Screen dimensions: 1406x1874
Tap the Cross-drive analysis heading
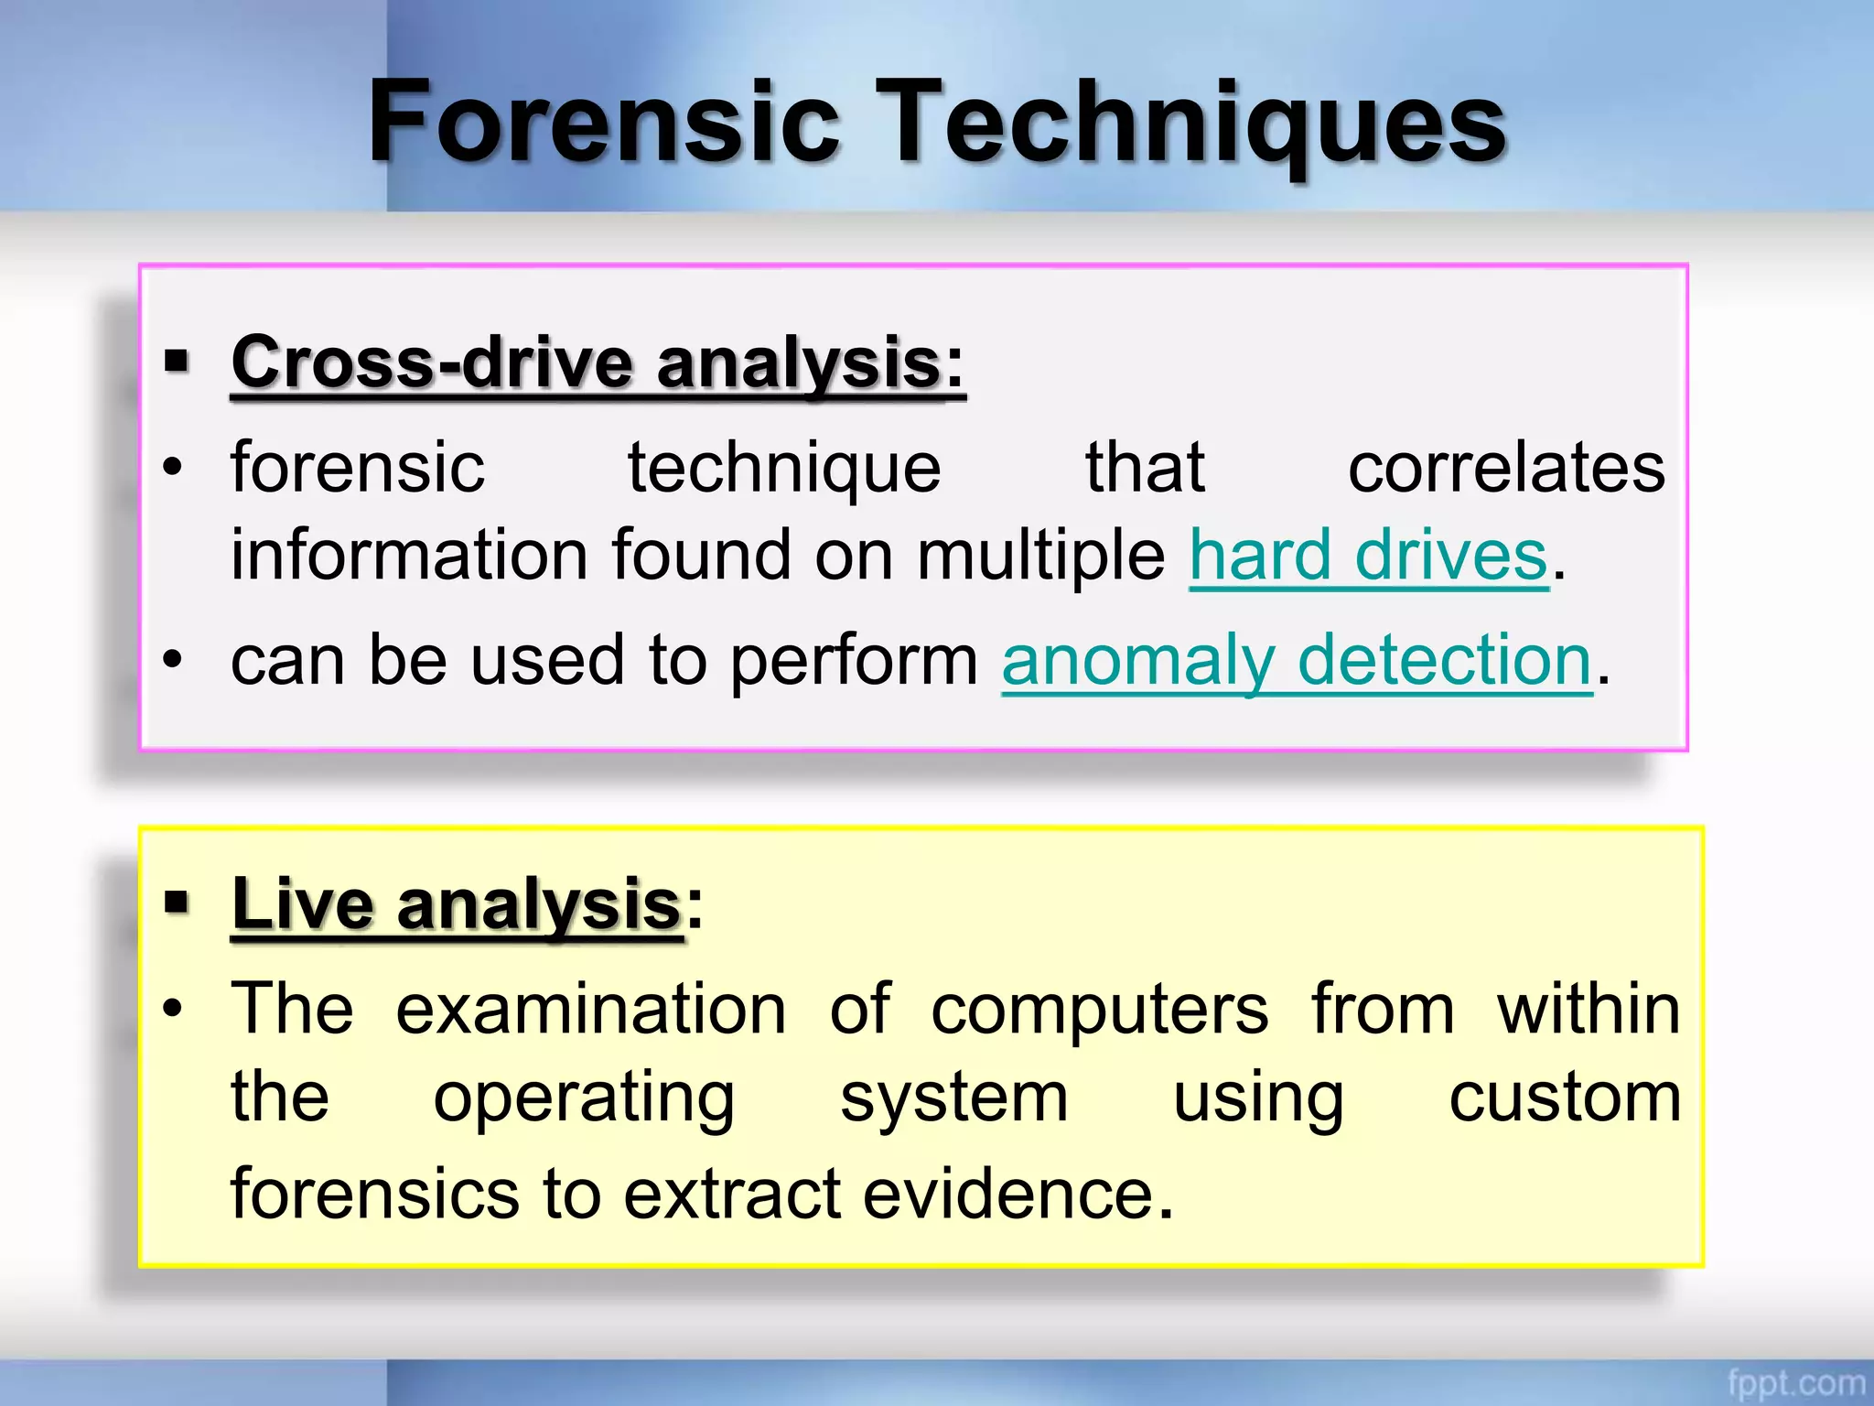click(587, 362)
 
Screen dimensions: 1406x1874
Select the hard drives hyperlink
click(1368, 556)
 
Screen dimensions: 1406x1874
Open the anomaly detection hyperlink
click(1297, 660)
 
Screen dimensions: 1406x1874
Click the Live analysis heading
click(457, 904)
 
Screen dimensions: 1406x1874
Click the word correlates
click(1506, 468)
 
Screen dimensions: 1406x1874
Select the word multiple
click(1040, 557)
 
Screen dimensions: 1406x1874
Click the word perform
click(854, 662)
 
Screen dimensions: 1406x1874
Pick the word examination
click(590, 1010)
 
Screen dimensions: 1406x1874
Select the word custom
click(1565, 1098)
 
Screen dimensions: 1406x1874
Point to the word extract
click(731, 1195)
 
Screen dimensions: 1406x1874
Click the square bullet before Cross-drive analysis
click(177, 361)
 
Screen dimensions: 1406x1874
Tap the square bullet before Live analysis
click(177, 903)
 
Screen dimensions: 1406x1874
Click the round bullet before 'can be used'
click(173, 659)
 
